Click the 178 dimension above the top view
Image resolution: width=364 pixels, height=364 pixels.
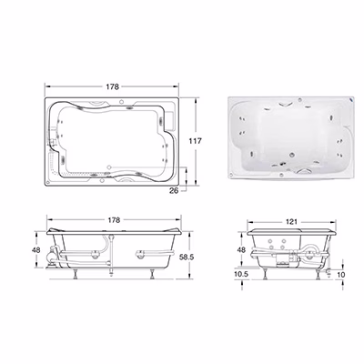point(112,86)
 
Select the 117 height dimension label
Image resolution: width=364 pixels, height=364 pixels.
point(195,141)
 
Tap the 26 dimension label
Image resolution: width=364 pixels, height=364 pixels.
point(174,191)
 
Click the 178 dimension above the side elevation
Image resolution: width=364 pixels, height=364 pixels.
point(114,220)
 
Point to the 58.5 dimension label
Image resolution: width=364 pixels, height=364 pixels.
point(187,257)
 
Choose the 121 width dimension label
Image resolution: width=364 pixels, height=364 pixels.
point(291,222)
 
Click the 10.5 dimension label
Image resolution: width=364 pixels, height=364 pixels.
point(241,274)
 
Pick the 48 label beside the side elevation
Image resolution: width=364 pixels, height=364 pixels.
point(36,250)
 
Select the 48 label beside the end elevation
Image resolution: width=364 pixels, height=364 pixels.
point(241,250)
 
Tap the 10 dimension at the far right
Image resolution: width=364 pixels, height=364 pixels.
point(341,275)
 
